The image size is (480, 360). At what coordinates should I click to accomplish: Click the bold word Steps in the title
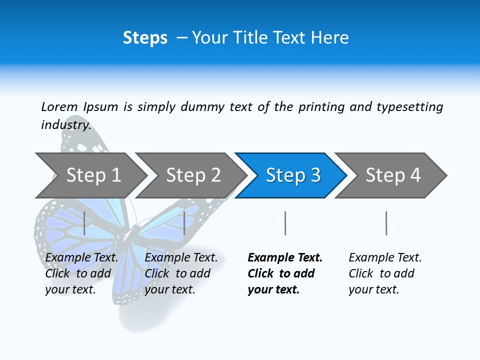coord(145,38)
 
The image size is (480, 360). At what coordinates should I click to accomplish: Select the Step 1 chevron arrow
coord(93,175)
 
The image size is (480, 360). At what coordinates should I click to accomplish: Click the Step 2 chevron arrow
coord(193,175)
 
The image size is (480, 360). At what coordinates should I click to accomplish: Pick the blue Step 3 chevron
coord(293,175)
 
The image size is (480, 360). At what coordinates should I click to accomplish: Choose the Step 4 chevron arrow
coord(393,175)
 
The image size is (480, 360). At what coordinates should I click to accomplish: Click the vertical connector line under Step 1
coord(84,223)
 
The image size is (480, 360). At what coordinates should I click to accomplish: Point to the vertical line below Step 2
coord(184,223)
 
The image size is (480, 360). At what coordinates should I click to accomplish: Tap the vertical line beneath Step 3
coord(285,223)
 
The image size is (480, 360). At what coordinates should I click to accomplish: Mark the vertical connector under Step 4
coord(386,223)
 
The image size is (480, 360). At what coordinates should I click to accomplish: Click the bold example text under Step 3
coord(285,273)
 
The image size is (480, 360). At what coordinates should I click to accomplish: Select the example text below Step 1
coord(81,273)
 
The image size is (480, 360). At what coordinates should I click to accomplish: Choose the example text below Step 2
coord(181,273)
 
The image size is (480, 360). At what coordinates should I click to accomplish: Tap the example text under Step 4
coord(385,273)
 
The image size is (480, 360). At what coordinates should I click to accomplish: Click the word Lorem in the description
coord(59,107)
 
